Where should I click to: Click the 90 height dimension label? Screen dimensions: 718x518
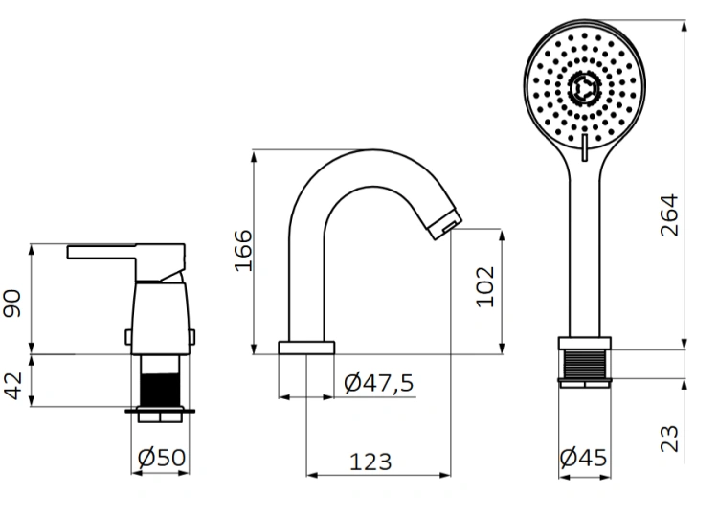click(x=12, y=304)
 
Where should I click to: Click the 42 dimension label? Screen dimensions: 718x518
click(x=12, y=385)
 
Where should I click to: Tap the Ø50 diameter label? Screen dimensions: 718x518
click(x=161, y=457)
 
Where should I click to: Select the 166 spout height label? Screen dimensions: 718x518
click(x=243, y=250)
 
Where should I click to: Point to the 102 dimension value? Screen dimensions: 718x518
click(x=485, y=286)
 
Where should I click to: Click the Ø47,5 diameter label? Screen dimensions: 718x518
click(x=379, y=383)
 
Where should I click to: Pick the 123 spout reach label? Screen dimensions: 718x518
click(x=370, y=462)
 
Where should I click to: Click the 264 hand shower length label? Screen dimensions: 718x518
click(x=668, y=215)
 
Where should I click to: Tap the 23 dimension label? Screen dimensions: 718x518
click(x=669, y=439)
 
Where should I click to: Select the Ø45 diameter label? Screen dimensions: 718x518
click(x=583, y=457)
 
